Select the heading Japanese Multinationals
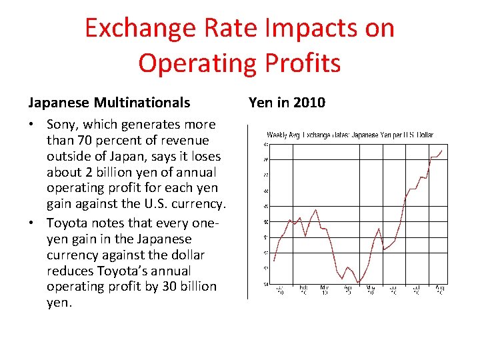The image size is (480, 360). pos(109,103)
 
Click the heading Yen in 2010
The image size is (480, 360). pos(287,103)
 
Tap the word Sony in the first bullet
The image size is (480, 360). pos(62,125)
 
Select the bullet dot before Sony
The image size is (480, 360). pos(33,125)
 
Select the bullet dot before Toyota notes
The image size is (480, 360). pos(33,223)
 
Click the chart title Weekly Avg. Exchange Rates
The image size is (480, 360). pos(350,135)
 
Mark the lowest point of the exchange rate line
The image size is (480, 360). pos(359,282)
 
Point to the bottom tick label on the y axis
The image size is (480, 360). pos(266,285)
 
